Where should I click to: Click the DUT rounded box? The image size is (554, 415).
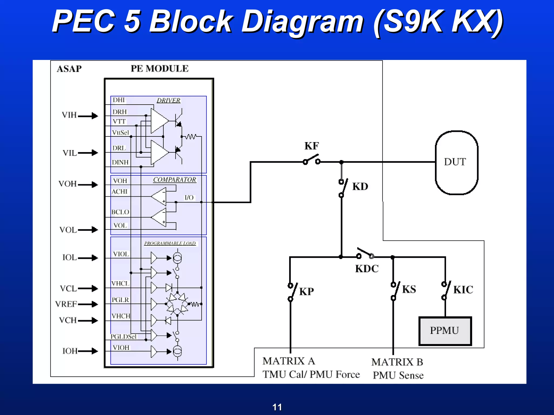point(456,162)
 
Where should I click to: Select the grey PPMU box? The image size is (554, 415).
point(445,331)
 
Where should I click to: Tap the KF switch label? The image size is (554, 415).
point(311,146)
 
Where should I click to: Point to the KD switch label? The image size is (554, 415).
point(360,187)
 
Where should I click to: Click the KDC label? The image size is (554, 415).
point(367,269)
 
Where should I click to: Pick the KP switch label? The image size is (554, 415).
point(306,292)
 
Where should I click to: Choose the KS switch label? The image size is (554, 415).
point(409,289)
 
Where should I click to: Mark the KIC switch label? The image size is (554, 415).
point(463,290)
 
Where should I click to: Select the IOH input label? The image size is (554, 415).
point(70,351)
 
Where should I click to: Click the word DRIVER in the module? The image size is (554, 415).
point(169,101)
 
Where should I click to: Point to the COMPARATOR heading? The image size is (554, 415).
point(174,180)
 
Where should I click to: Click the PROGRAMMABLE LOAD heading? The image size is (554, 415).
point(170,243)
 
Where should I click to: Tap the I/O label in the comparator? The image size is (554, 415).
point(189,198)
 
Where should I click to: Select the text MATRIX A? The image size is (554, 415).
point(289,361)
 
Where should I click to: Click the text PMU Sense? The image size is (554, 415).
point(398,376)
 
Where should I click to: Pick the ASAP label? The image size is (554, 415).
point(69,69)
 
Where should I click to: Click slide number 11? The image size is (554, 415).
point(277,407)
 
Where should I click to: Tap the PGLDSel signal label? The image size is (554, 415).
point(124,337)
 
